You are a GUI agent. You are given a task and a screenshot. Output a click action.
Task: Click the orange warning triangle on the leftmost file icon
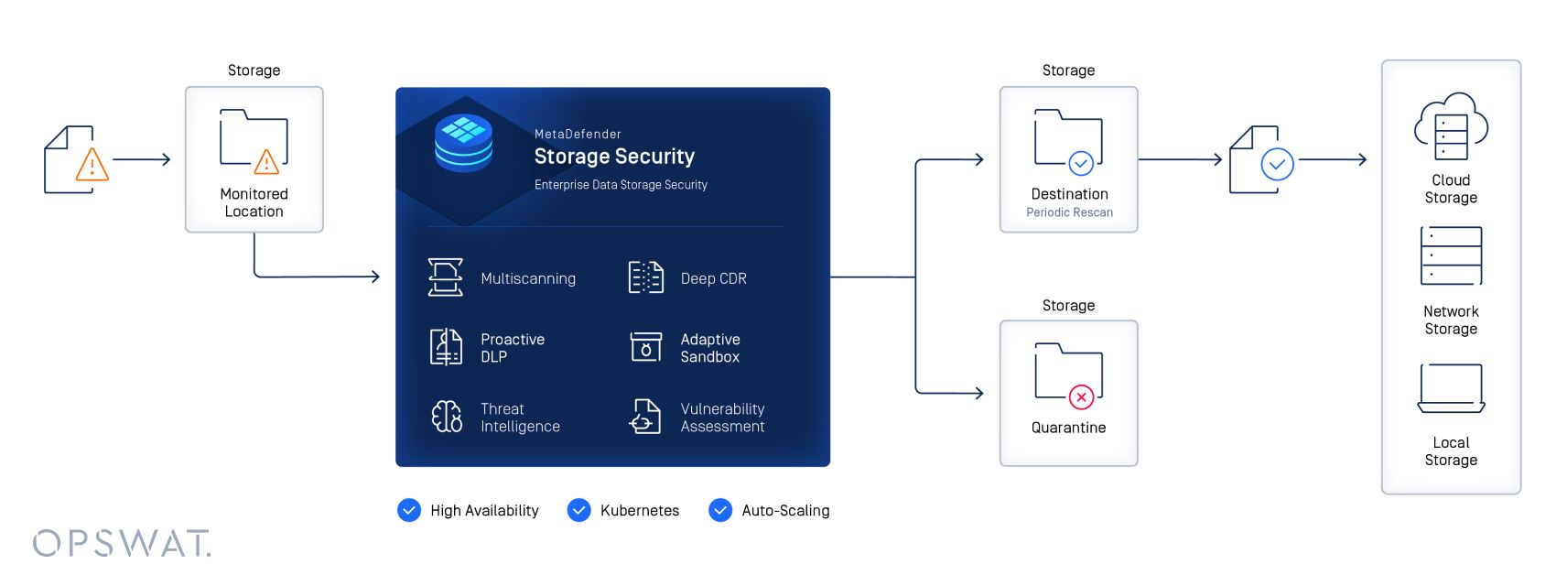coord(92,166)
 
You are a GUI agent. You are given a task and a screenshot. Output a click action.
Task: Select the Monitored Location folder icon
coord(253,139)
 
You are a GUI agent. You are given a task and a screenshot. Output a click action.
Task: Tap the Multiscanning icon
coord(446,277)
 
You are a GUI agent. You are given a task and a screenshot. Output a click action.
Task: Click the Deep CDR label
coord(713,278)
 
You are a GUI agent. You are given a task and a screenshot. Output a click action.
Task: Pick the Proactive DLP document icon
coord(446,347)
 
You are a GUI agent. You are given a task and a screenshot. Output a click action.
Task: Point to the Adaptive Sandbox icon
coord(645,347)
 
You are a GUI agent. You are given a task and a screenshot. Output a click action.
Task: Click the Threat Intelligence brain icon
coord(446,417)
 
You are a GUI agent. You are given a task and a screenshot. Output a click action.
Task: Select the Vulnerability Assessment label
coord(722,418)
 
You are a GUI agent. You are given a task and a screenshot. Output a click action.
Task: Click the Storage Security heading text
coord(614,157)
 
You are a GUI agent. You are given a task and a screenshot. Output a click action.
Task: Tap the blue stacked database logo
coord(463,142)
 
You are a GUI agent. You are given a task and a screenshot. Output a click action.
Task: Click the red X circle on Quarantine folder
coord(1081,396)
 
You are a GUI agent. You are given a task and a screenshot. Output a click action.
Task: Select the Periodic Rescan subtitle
coord(1069,212)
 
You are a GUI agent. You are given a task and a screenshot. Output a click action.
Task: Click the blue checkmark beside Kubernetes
coord(578,510)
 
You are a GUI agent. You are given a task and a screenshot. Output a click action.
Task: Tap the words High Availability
coord(484,511)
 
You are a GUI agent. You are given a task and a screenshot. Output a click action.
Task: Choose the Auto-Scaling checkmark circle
coord(720,510)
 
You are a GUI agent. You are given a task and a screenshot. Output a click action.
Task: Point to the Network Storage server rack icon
coord(1451,256)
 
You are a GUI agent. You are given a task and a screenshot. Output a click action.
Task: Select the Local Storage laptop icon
coord(1451,388)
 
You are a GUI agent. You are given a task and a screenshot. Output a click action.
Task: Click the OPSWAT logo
coord(122,543)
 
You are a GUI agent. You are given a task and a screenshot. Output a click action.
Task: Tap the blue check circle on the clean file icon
coord(1277,165)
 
